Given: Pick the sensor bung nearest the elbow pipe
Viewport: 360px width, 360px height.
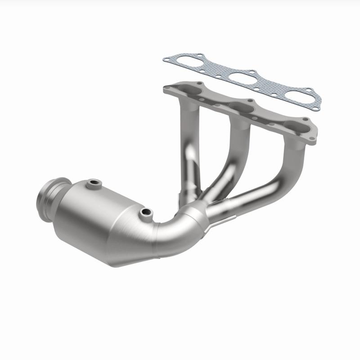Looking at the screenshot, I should pyautogui.click(x=145, y=211).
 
